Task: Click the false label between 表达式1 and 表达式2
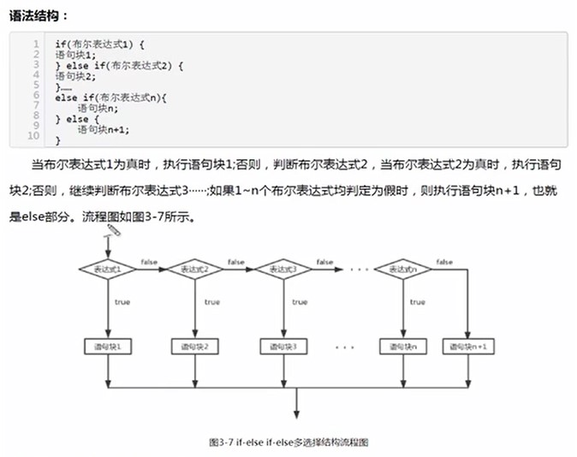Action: (149, 261)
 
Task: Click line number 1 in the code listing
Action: (36, 43)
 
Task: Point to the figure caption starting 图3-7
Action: (288, 442)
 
